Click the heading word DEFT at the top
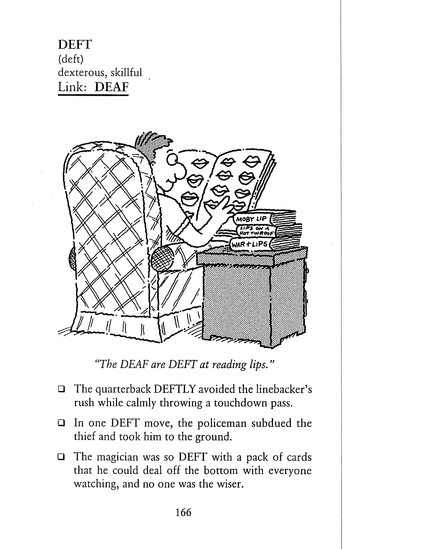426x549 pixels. pyautogui.click(x=74, y=45)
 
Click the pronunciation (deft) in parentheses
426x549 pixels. pyautogui.click(x=71, y=59)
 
